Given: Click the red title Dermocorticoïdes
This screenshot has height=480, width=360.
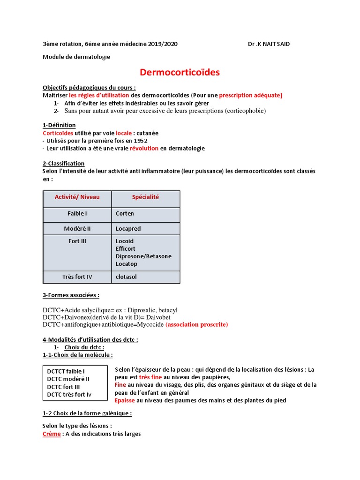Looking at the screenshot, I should (180, 72).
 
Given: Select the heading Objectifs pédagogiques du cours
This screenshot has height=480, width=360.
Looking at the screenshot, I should (89, 88).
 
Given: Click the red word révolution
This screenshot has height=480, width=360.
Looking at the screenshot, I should (144, 148).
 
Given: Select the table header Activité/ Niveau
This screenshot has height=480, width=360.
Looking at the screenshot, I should (77, 197).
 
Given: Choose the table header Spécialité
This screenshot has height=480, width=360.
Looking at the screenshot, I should (145, 197).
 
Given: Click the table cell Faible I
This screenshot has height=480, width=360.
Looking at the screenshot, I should (77, 214).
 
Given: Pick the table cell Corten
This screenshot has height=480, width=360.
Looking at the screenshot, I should (125, 214).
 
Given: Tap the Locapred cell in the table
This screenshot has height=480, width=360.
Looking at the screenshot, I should (128, 229).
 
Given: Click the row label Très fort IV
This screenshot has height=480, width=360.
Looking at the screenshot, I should (77, 277).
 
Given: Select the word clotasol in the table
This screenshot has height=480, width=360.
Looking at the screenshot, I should (126, 277).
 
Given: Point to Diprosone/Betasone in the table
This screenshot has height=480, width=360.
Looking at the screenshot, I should (143, 256).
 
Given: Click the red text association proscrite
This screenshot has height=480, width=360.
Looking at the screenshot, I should (196, 324).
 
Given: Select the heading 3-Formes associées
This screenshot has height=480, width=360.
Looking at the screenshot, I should (71, 295).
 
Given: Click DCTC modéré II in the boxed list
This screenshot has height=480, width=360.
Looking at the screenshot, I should (68, 379).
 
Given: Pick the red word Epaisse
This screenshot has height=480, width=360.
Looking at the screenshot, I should (125, 400).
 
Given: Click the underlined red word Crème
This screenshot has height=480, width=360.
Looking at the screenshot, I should (52, 434).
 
